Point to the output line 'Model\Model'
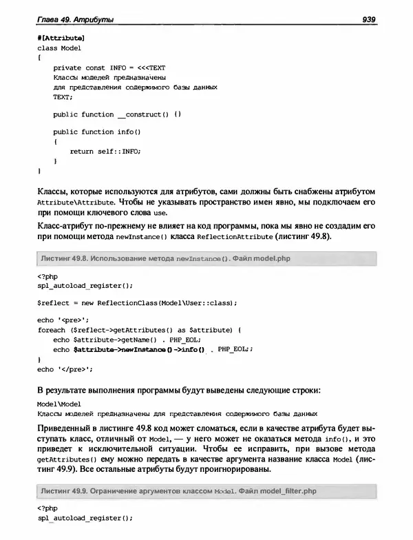tap(59, 403)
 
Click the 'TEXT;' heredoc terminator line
tap(63, 96)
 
